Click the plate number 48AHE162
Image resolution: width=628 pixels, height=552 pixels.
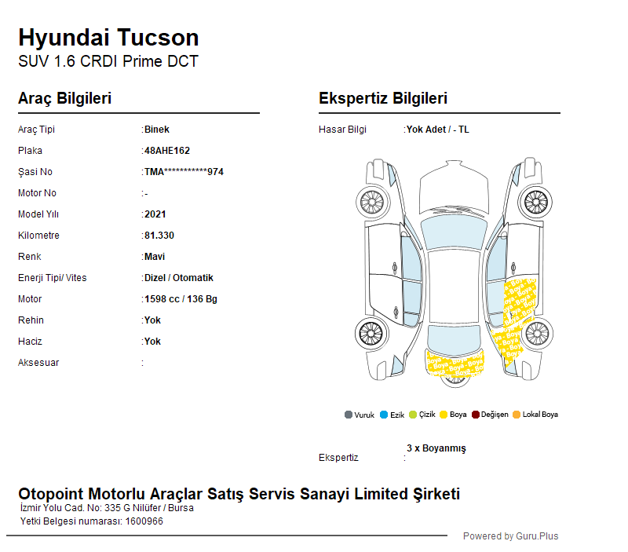pyautogui.click(x=167, y=151)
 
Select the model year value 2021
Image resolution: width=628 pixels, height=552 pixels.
pyautogui.click(x=155, y=214)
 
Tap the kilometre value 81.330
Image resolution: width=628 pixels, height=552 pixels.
pyautogui.click(x=159, y=236)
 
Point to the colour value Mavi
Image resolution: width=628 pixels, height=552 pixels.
pyautogui.click(x=155, y=257)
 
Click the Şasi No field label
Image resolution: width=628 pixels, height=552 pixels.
pyautogui.click(x=35, y=172)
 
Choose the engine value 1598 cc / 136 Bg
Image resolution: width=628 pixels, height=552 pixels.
pyautogui.click(x=181, y=299)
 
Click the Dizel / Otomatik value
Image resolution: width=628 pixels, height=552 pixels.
pyautogui.click(x=179, y=278)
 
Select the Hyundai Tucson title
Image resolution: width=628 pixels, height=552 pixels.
pyautogui.click(x=108, y=38)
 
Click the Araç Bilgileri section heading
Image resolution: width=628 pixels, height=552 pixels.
pyautogui.click(x=65, y=98)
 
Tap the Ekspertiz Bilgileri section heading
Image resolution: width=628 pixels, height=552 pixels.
pyautogui.click(x=383, y=98)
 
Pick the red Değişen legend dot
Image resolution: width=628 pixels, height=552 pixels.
pyautogui.click(x=476, y=415)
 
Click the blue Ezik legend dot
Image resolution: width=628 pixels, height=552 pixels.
pyautogui.click(x=384, y=415)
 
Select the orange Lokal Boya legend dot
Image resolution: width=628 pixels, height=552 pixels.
pyautogui.click(x=517, y=415)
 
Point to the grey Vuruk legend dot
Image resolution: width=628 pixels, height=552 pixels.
pyautogui.click(x=349, y=415)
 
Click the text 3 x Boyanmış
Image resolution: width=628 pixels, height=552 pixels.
pyautogui.click(x=436, y=448)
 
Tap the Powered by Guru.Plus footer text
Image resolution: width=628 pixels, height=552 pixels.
pyautogui.click(x=511, y=536)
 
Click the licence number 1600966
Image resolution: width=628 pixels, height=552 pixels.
pyautogui.click(x=144, y=521)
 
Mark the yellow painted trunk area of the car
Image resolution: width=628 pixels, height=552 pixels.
pyautogui.click(x=455, y=364)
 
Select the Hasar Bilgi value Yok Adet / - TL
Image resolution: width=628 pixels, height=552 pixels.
pyautogui.click(x=438, y=130)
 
